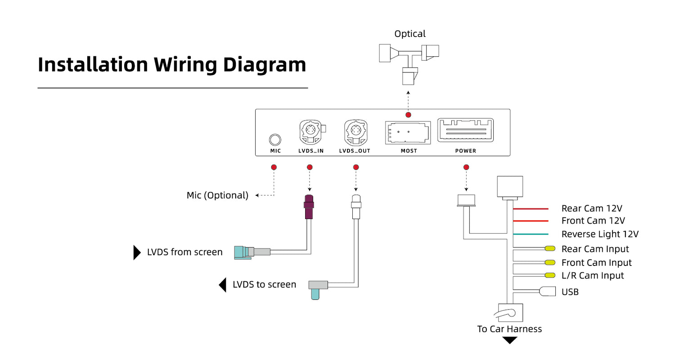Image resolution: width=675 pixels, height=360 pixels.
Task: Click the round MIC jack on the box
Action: point(275,140)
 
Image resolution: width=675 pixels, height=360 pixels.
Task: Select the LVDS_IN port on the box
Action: point(311,132)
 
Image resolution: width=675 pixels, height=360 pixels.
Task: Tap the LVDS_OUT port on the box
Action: point(356,132)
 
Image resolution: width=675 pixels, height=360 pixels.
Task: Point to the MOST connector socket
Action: point(408,133)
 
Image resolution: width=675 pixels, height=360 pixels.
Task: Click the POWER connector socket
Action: point(466,130)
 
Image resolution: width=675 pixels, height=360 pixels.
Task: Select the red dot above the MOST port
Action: point(408,115)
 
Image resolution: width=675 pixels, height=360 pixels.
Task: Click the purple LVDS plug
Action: point(309,207)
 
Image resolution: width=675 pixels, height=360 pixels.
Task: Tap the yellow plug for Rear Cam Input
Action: point(550,248)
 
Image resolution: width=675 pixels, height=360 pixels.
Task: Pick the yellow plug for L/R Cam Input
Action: point(550,275)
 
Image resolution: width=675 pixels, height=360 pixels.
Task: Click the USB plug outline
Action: point(547,291)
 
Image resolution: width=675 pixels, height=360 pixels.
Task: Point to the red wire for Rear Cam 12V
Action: point(531,208)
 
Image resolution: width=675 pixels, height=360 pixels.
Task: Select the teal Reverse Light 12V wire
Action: point(531,234)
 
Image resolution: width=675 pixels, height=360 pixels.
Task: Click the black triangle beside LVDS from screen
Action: point(137,252)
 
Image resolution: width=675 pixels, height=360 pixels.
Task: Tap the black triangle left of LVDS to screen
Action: point(223,285)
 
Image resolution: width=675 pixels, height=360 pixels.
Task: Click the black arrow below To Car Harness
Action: point(510,340)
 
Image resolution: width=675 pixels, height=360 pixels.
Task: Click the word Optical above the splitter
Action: point(410,34)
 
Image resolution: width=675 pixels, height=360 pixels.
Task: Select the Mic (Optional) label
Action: point(217,195)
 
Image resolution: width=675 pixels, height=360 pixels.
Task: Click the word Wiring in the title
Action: point(185,65)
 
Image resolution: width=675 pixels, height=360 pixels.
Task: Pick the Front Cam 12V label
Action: point(593,220)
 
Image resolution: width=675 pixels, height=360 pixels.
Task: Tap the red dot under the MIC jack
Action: point(274,167)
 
